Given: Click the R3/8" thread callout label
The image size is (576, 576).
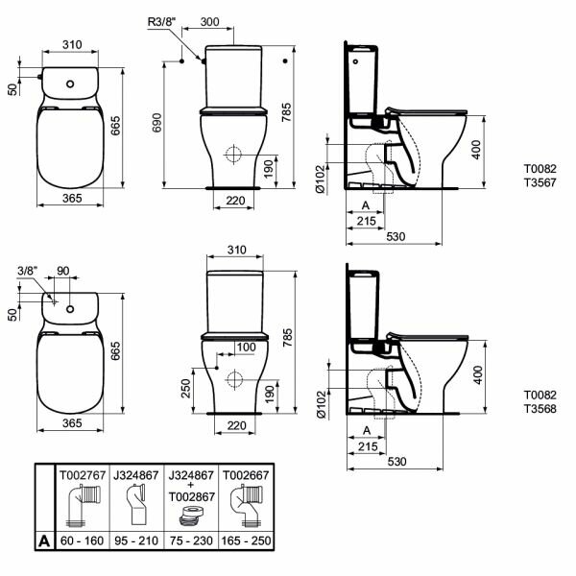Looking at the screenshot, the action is [x=161, y=22].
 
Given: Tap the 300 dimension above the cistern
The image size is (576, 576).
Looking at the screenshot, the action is [x=209, y=22].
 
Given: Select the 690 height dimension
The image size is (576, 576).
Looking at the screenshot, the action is [x=156, y=123].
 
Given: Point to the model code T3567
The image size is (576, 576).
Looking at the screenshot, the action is [x=540, y=182].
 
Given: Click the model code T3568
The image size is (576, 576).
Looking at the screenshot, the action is [x=540, y=409].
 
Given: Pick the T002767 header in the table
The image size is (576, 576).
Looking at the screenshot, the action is [x=83, y=475].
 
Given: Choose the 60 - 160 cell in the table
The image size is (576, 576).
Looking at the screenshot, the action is [x=82, y=540].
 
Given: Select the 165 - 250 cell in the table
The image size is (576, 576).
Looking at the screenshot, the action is [x=246, y=540].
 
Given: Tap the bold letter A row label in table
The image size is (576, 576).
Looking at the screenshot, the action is [x=44, y=540].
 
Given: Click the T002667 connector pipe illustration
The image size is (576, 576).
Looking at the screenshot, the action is [x=247, y=505].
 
